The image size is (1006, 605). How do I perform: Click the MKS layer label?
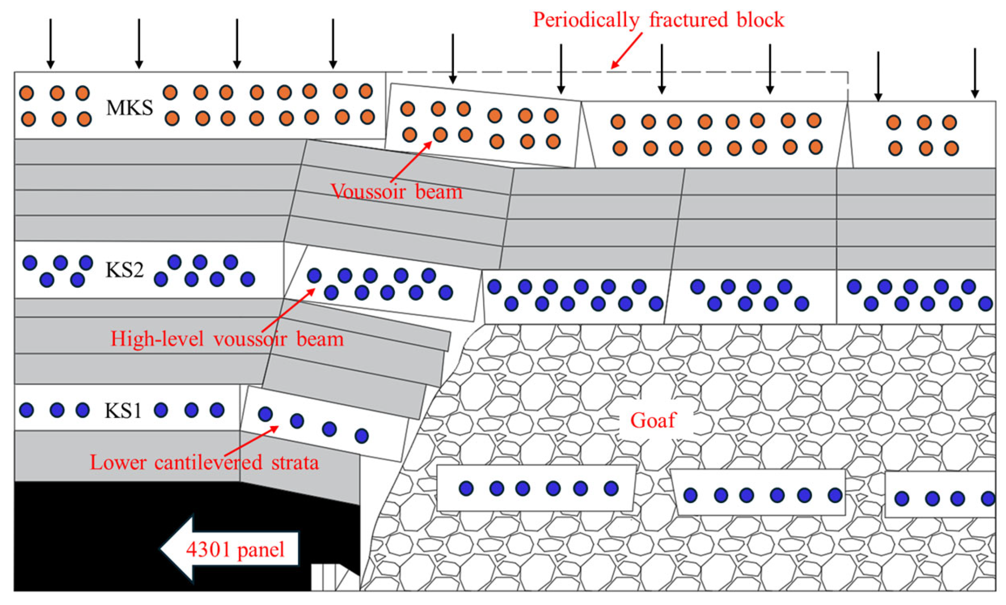pos(129,107)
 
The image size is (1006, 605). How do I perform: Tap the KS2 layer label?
pos(124,270)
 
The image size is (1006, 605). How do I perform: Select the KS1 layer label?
pos(123,411)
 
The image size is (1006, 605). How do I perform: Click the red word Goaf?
pos(653,421)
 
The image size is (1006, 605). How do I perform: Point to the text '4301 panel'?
pos(235,549)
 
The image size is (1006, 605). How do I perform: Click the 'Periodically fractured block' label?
pos(658,20)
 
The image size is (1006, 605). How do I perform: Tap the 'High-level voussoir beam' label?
pos(227,339)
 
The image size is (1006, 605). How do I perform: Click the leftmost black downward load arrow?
pos(51,43)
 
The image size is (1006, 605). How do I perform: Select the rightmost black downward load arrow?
pos(975,73)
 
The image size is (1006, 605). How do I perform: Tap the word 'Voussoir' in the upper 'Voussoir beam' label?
pos(368,192)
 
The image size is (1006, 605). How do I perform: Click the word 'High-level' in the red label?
pos(157,339)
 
